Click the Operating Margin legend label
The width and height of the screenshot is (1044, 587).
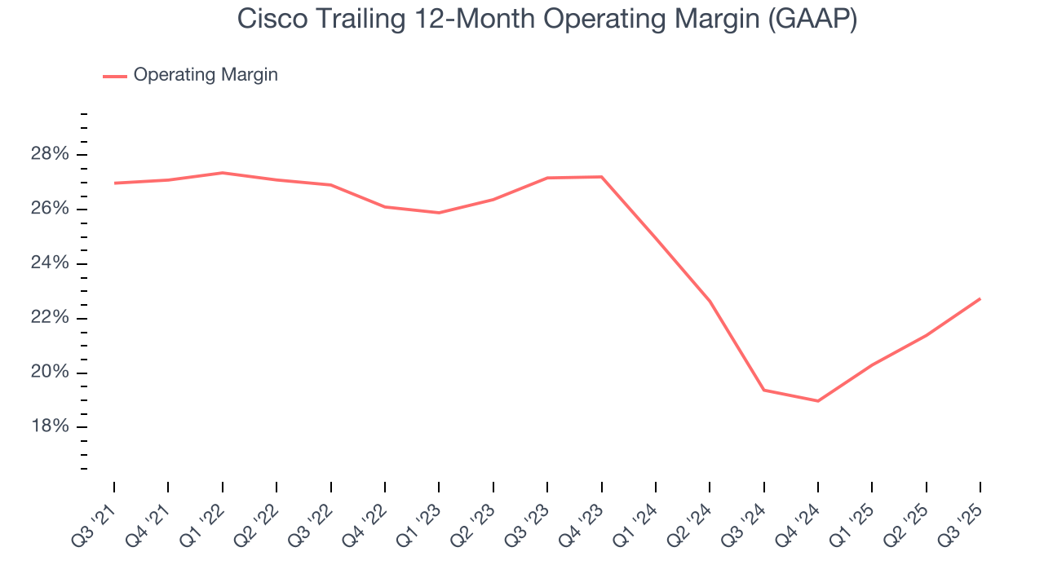206,75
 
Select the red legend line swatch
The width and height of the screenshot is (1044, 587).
114,76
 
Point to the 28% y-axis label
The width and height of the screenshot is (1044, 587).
49,155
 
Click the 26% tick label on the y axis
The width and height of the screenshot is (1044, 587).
49,210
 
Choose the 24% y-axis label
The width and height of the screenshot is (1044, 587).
49,264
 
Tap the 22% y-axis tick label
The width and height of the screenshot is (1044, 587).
49,318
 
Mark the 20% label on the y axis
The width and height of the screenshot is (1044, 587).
49,373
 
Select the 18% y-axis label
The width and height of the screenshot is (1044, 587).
49,427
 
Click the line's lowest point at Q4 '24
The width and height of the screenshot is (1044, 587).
817,401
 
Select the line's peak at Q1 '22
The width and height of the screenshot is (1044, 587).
222,173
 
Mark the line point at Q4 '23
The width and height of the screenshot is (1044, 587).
601,177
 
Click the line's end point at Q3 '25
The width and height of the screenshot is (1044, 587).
980,298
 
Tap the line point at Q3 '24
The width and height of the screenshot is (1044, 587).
763,390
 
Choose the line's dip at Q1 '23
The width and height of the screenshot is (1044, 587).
439,213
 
